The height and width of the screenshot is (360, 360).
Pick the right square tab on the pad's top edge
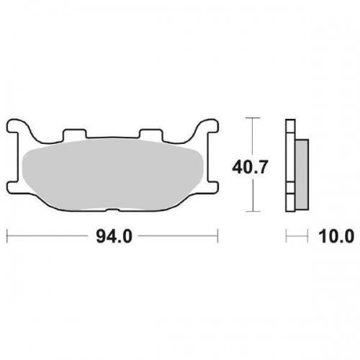coord(149,135)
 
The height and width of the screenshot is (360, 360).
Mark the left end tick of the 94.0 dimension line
coord(7,235)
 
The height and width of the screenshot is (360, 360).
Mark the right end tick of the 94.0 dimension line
coord(217,235)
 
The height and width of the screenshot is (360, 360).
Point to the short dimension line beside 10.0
coord(293,235)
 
